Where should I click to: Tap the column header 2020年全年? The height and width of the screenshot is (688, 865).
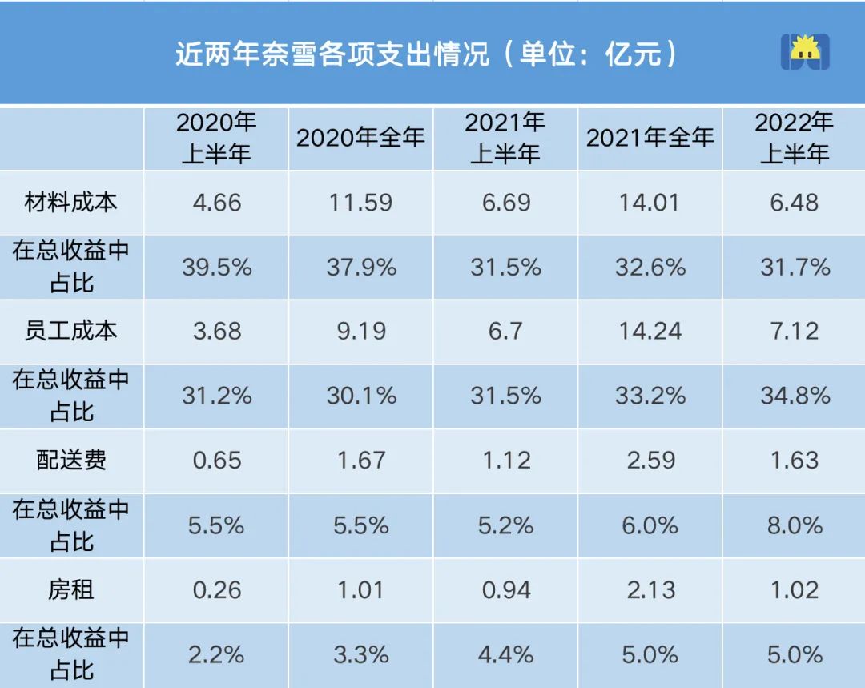point(360,138)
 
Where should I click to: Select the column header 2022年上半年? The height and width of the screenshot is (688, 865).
point(795,138)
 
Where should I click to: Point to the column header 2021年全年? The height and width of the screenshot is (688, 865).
point(650,138)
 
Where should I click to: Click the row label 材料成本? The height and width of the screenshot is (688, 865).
point(71,202)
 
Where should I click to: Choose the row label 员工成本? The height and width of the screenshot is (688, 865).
point(71,331)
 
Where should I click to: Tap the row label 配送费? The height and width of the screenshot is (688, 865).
point(71,461)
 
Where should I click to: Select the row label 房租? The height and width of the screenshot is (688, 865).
point(71,590)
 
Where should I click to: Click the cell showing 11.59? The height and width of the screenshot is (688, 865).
point(360,202)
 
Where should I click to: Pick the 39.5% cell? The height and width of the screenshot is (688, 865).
point(216,267)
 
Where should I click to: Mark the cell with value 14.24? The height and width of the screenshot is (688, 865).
point(650,331)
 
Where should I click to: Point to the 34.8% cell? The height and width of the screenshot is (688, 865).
point(795,396)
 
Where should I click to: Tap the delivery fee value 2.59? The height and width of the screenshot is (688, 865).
point(650,461)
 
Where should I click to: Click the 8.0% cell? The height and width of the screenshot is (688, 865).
point(795,525)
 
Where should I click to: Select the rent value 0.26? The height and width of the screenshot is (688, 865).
point(216,590)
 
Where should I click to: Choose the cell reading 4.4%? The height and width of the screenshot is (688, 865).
point(505,655)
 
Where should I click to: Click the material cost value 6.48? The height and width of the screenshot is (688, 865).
point(795,202)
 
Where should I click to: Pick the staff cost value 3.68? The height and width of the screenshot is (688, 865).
point(216,331)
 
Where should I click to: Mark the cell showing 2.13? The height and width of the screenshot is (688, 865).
point(650,590)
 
